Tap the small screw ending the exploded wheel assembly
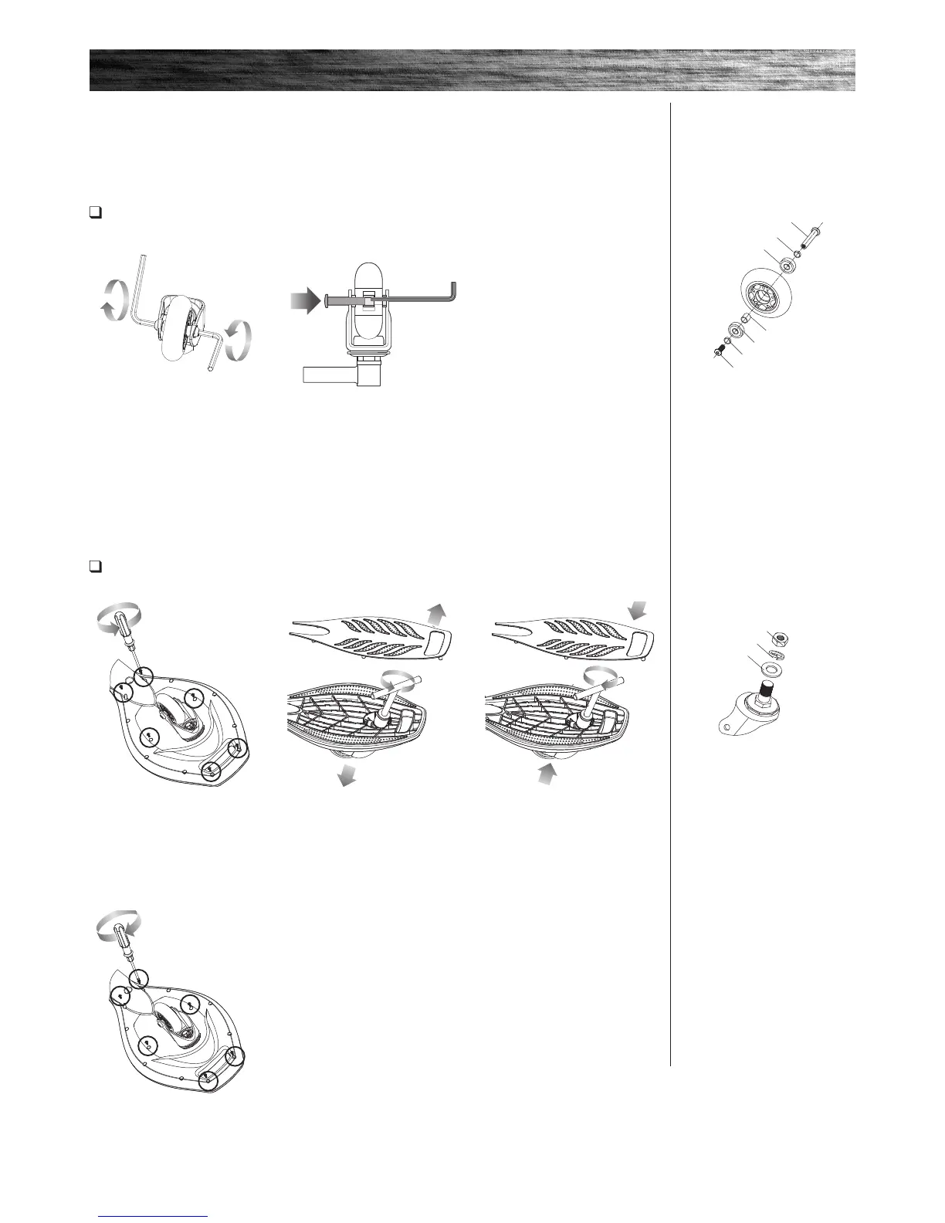click(x=719, y=352)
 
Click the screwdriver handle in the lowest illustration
click(x=125, y=937)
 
